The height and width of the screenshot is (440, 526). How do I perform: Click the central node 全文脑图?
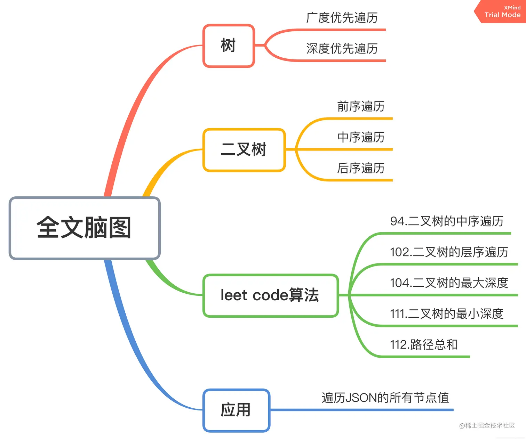[x=85, y=228]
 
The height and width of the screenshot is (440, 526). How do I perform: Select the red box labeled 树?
[x=229, y=46]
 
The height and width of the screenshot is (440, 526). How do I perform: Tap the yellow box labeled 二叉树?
[x=244, y=150]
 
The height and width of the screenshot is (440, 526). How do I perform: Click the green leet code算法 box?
[x=270, y=295]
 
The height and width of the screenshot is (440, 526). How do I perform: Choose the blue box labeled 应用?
[x=236, y=410]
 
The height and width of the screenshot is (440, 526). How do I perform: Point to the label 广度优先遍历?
[x=342, y=18]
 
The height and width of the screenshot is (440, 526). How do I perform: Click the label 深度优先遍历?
[x=342, y=49]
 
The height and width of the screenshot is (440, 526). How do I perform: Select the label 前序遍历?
[x=361, y=106]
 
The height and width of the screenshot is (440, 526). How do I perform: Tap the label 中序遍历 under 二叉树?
[x=361, y=137]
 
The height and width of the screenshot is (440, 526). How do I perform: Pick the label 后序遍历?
[x=361, y=168]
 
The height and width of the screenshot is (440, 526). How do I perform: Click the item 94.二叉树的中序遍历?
[x=447, y=221]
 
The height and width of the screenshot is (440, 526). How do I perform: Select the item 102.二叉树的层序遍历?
[x=449, y=252]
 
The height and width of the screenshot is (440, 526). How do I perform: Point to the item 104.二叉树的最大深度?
[x=449, y=283]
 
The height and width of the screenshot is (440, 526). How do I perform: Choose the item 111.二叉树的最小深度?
[x=447, y=314]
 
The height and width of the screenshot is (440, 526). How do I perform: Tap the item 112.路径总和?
[x=424, y=345]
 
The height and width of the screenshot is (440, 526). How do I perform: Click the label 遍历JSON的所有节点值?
[x=385, y=398]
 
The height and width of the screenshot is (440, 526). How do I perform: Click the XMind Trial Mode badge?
[x=502, y=12]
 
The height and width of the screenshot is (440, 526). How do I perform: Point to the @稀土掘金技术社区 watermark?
[x=487, y=425]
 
